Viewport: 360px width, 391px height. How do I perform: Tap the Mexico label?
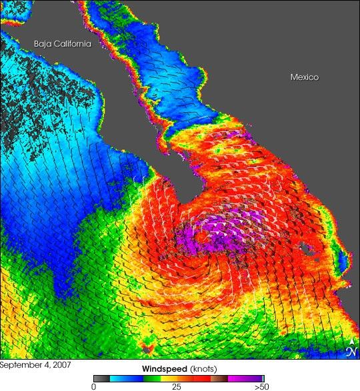[304, 77]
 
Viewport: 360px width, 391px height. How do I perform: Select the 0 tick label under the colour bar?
[94, 386]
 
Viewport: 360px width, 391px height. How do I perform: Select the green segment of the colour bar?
[153, 377]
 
